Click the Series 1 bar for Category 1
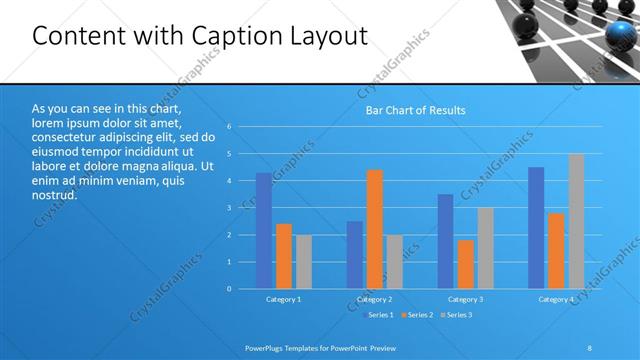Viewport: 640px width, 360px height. pos(264,231)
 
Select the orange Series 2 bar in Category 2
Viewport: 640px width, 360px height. pos(375,229)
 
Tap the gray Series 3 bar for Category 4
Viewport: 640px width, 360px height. pos(576,221)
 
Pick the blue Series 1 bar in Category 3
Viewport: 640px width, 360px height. pos(446,241)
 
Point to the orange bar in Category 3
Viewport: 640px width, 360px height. pos(465,264)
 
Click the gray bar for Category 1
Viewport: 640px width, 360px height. pos(304,262)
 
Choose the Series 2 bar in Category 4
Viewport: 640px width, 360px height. pos(556,251)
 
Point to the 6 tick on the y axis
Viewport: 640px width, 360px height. pos(229,127)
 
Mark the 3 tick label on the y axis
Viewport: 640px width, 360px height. pos(229,208)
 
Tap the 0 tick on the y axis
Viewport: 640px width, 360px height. pos(229,289)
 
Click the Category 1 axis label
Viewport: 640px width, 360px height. pos(284,299)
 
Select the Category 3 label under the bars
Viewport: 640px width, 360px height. pos(466,299)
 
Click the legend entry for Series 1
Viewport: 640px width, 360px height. pos(378,315)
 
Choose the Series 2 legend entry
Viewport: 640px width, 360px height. pos(418,315)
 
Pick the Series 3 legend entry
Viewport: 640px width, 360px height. pos(457,315)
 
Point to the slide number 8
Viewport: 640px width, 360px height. pos(590,347)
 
